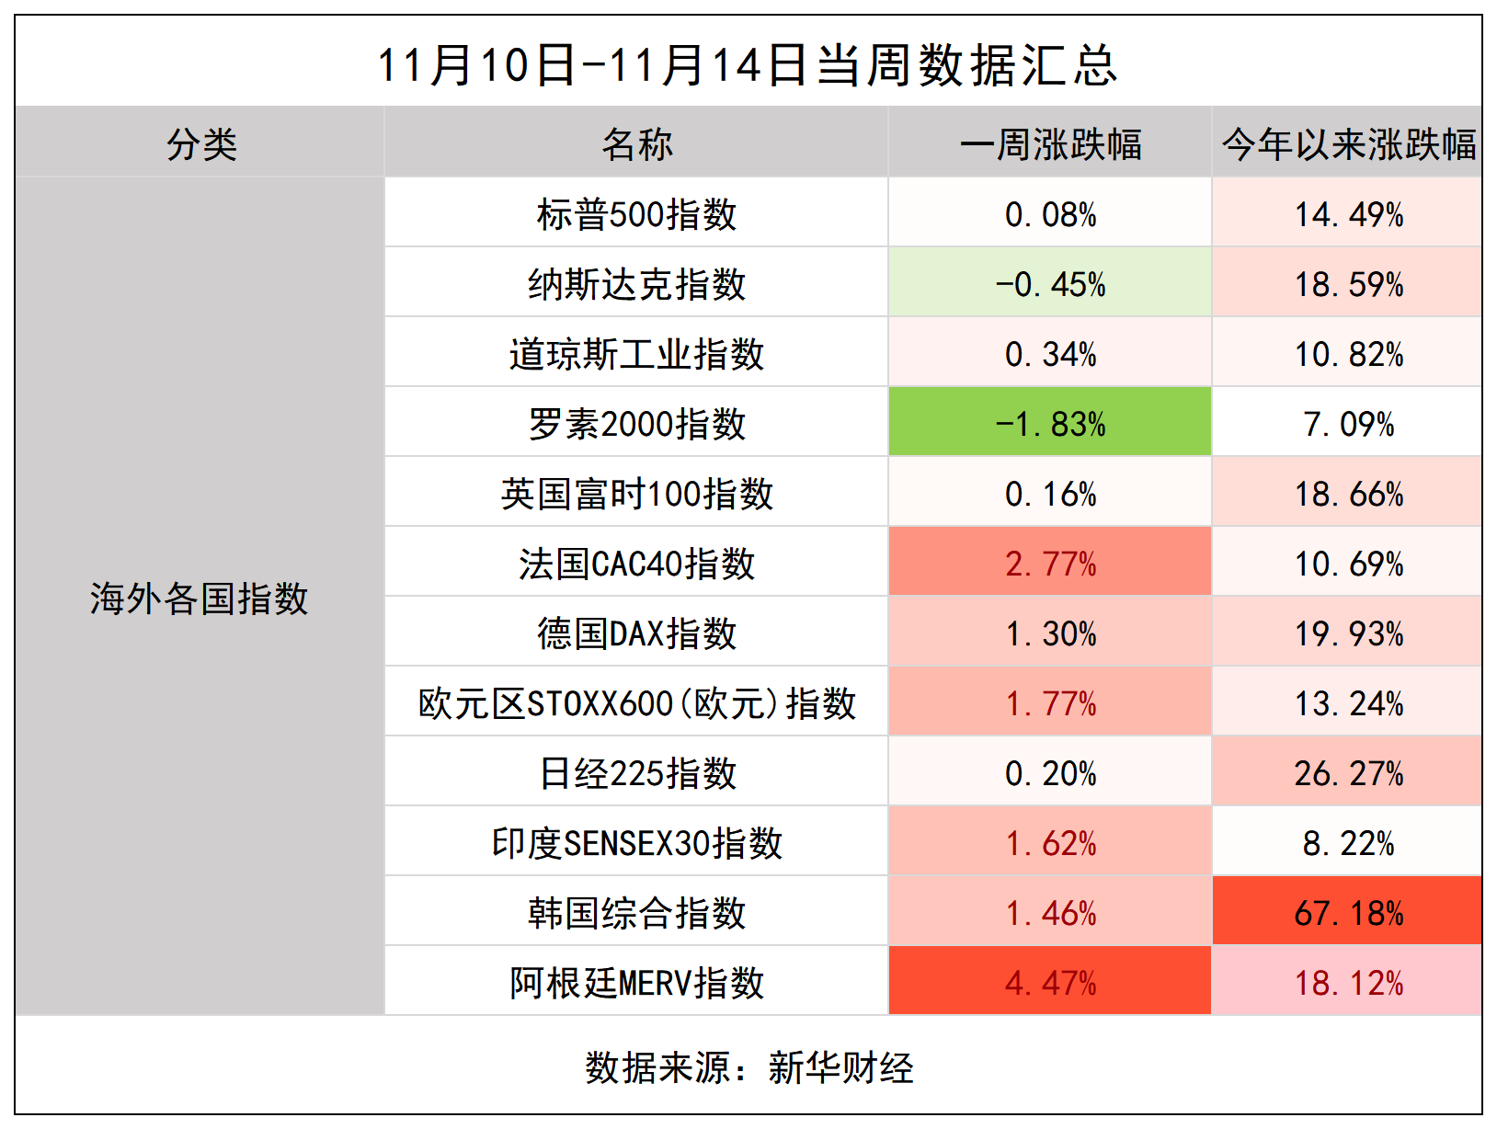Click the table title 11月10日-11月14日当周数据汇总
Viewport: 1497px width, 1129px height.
tap(748, 64)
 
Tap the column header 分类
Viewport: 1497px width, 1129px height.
tap(201, 144)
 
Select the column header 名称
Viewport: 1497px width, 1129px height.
tap(636, 144)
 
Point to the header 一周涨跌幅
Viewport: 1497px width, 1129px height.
tap(1050, 144)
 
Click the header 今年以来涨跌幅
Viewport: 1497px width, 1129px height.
tap(1348, 144)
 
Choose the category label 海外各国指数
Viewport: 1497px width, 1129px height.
tap(199, 599)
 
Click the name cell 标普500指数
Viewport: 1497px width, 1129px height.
tap(636, 214)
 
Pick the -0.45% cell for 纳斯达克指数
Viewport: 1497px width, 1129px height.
tap(1050, 284)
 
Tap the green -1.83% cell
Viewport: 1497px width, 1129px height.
tap(1050, 424)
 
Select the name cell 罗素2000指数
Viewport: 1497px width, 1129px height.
tap(636, 424)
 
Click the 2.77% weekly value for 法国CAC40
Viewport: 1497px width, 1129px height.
tap(1050, 564)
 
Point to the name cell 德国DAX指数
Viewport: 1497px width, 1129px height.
tap(636, 633)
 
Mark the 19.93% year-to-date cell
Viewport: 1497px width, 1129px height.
tap(1348, 633)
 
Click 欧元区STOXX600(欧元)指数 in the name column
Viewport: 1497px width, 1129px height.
tap(636, 703)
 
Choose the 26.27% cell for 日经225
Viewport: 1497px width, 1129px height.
tap(1348, 773)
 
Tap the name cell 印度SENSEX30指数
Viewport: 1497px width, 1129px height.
tap(636, 843)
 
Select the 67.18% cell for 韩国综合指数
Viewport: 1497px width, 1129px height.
tap(1348, 913)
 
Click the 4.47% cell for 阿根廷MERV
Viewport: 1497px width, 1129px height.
tap(1050, 983)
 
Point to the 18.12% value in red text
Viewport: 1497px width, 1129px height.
tap(1348, 983)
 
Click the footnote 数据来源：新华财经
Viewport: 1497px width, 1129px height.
tap(748, 1067)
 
